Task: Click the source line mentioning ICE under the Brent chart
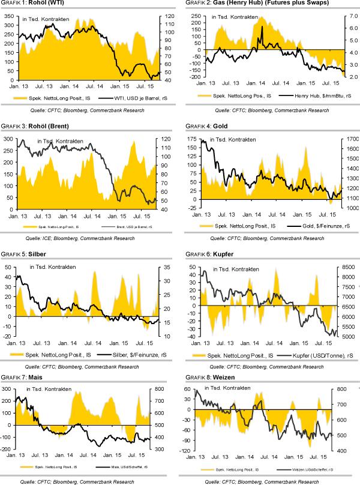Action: (x=91, y=238)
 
